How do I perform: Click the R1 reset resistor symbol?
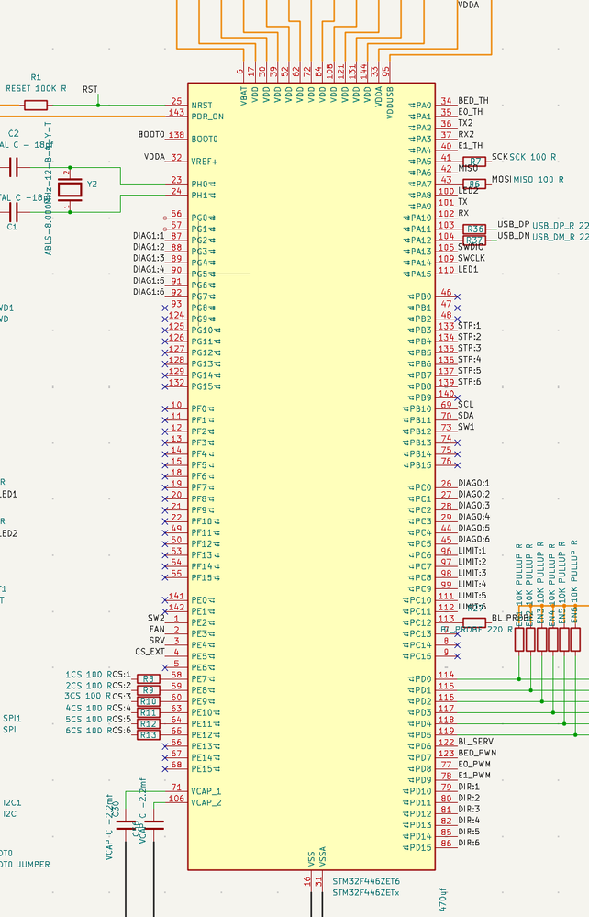tap(36, 105)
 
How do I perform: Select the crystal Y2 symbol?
tap(72, 189)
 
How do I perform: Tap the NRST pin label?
tap(202, 106)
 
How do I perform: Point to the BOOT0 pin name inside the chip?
tap(205, 140)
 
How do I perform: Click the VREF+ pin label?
tap(205, 162)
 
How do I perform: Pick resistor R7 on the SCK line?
tap(474, 162)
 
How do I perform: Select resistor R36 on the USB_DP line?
tap(474, 229)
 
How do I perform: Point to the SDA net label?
tap(467, 416)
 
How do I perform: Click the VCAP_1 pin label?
tap(206, 791)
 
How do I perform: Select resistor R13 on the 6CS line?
tap(148, 734)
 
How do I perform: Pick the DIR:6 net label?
tap(469, 843)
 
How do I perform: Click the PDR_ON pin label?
tap(207, 117)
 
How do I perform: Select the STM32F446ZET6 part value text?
tap(366, 880)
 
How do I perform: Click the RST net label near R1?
tap(90, 89)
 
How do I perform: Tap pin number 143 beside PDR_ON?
tap(176, 112)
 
